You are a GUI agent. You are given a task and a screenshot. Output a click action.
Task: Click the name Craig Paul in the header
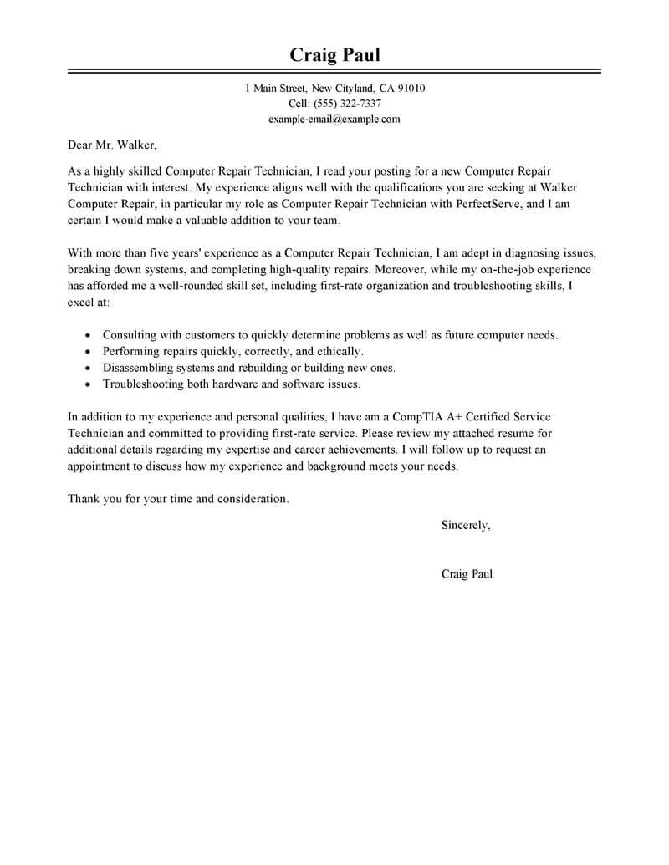334,55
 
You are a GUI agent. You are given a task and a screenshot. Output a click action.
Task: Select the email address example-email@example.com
334,120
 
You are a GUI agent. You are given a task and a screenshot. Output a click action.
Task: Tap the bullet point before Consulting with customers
88,334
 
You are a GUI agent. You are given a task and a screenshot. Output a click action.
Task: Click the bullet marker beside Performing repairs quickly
88,351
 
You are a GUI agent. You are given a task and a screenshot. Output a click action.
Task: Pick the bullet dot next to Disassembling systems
88,368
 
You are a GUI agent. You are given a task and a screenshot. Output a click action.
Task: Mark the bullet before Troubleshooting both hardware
88,384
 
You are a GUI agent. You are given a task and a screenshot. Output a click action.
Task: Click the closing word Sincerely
466,525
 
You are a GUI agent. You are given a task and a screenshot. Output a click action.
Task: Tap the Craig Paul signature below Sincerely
467,574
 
